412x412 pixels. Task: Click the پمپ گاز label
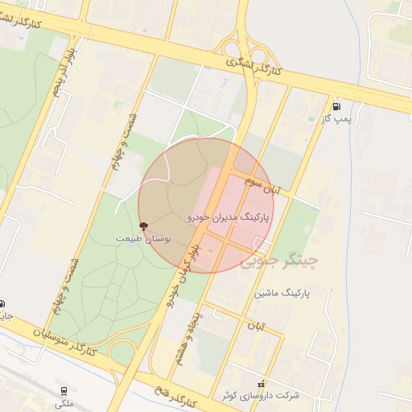(x=337, y=119)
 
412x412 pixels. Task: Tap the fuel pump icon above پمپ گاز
(x=336, y=105)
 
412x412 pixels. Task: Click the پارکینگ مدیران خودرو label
(x=230, y=217)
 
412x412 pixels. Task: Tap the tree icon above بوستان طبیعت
(x=144, y=227)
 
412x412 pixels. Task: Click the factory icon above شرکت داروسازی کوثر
(x=260, y=384)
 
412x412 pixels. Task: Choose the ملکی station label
(x=63, y=403)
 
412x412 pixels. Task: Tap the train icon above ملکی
(x=64, y=391)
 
